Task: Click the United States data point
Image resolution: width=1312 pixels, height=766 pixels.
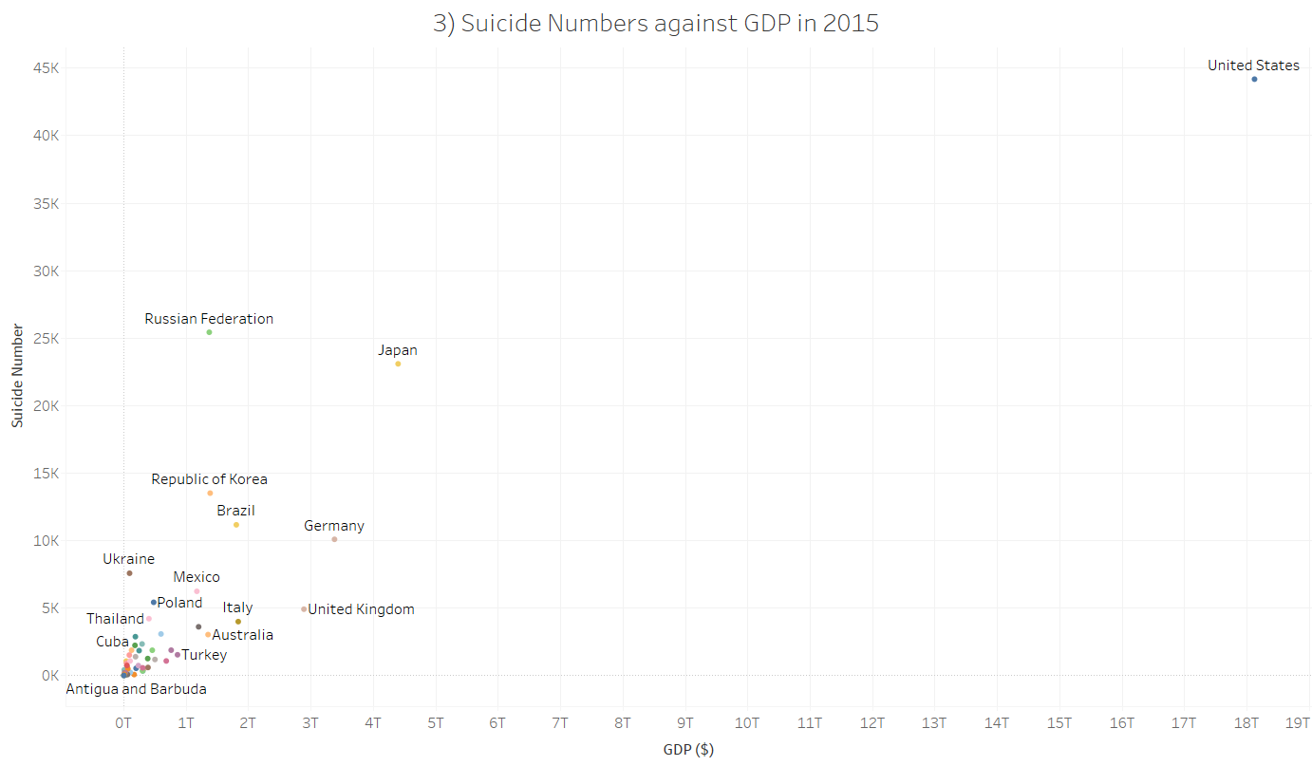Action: pos(1253,79)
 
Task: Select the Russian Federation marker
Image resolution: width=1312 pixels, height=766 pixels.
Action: pos(209,332)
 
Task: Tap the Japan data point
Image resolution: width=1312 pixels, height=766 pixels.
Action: pos(398,364)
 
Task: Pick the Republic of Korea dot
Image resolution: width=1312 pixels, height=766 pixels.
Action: pos(210,493)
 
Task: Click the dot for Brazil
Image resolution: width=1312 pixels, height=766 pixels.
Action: pos(236,525)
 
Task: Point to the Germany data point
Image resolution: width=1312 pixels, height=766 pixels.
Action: pos(334,539)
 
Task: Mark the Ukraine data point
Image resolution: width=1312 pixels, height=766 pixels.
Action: pos(129,573)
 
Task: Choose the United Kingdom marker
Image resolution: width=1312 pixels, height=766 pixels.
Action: pos(304,609)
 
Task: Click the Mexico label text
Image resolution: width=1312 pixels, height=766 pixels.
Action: pos(197,577)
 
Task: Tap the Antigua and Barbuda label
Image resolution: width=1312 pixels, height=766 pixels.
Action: pos(136,689)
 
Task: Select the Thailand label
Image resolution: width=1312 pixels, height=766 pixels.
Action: pos(115,619)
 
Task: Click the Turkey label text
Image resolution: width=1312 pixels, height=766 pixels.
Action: pos(204,655)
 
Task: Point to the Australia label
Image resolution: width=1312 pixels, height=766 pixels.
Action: pos(242,635)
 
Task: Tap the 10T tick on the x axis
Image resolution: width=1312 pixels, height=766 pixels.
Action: pos(747,723)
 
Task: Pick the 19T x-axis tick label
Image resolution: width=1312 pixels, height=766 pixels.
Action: pos(1297,723)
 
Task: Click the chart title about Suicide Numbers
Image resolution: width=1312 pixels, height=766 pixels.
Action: pos(656,24)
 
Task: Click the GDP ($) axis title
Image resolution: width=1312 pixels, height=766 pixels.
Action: pos(688,750)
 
